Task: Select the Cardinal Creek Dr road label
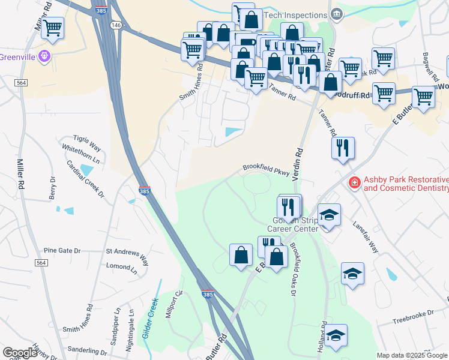[x=85, y=179]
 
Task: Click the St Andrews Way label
[x=127, y=254]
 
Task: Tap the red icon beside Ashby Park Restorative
[x=355, y=182]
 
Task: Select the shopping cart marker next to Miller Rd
[x=53, y=28]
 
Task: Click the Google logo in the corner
[x=20, y=353]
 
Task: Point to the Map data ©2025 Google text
[x=411, y=355]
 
